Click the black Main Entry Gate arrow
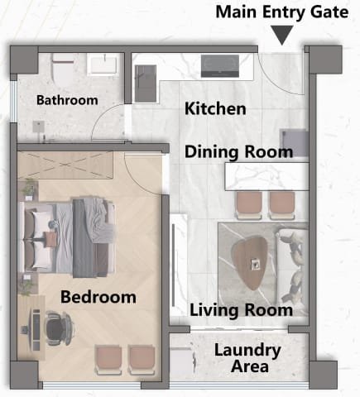pyautogui.click(x=281, y=34)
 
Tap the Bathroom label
pyautogui.click(x=67, y=100)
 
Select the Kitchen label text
pyautogui.click(x=215, y=108)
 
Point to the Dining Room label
pyautogui.click(x=238, y=152)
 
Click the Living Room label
pyautogui.click(x=241, y=310)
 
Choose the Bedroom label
pyautogui.click(x=98, y=297)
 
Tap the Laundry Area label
pyautogui.click(x=247, y=358)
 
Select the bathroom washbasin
pyautogui.click(x=103, y=65)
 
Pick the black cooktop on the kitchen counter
pyautogui.click(x=220, y=66)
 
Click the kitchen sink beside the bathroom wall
pyautogui.click(x=146, y=83)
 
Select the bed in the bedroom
pyautogui.click(x=67, y=237)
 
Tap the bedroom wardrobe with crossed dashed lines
pyautogui.click(x=65, y=165)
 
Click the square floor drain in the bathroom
pyautogui.click(x=39, y=127)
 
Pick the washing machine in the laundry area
pyautogui.click(x=181, y=361)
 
